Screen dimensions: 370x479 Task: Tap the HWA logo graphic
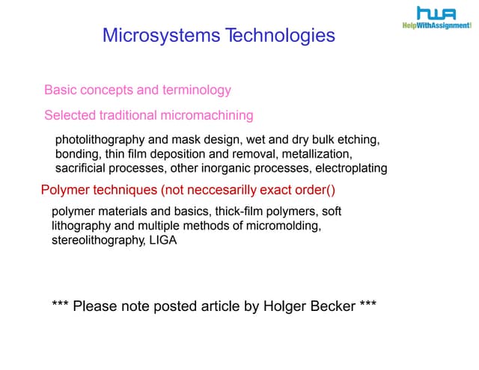point(436,13)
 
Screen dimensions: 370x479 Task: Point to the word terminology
point(197,90)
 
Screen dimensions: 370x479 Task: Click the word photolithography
point(94,141)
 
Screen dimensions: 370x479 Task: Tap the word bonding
point(78,154)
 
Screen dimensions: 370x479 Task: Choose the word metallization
point(314,154)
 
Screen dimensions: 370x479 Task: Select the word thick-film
point(236,212)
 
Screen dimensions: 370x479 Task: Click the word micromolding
point(288,225)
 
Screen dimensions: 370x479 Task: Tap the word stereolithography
point(94,241)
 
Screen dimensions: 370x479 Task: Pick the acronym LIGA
point(162,241)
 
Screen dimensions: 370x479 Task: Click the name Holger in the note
point(284,306)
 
